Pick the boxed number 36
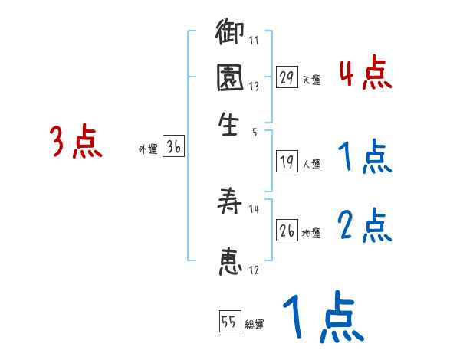pyautogui.click(x=173, y=149)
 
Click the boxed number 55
pyautogui.click(x=228, y=322)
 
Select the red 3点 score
pyautogui.click(x=76, y=142)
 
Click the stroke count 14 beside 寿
pyautogui.click(x=255, y=209)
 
